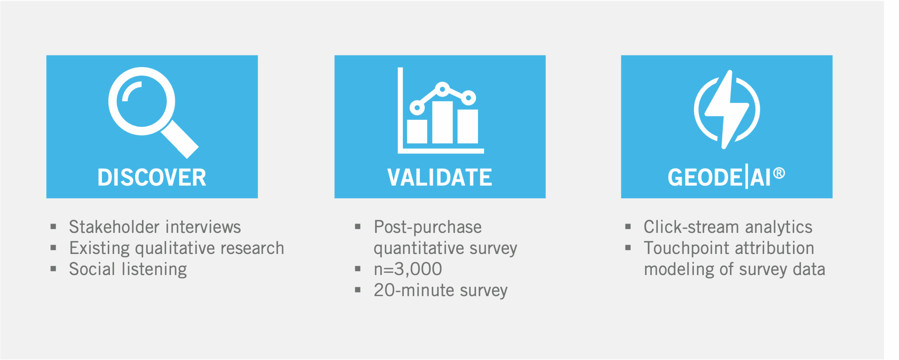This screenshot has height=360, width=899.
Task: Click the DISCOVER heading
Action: (152, 177)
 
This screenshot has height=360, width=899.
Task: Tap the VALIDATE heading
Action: (440, 177)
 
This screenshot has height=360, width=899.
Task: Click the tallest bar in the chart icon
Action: (442, 122)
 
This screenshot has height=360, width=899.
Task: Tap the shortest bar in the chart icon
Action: (417, 131)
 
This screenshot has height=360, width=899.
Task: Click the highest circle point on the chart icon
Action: (442, 89)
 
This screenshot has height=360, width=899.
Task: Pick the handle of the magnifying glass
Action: (180, 139)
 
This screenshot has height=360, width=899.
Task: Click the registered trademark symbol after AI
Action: (779, 173)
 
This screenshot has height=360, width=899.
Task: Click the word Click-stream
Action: (692, 227)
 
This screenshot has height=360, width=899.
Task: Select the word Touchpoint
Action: (687, 249)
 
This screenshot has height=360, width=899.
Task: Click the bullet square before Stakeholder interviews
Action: (53, 227)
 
